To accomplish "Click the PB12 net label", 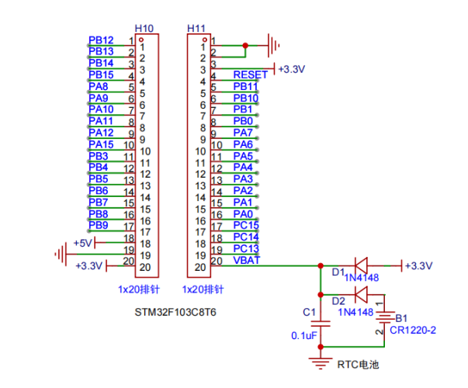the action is [x=101, y=40].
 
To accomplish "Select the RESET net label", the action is [x=250, y=74].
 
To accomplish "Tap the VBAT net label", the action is [x=247, y=260].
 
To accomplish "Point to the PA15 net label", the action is [x=101, y=144].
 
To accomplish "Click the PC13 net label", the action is [x=246, y=248].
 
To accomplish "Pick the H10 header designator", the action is [x=144, y=29].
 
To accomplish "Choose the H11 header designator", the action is [x=196, y=29].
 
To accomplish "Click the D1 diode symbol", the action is [x=361, y=265].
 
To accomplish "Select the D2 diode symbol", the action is [x=361, y=295].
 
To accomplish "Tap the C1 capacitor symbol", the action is [x=321, y=324].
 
